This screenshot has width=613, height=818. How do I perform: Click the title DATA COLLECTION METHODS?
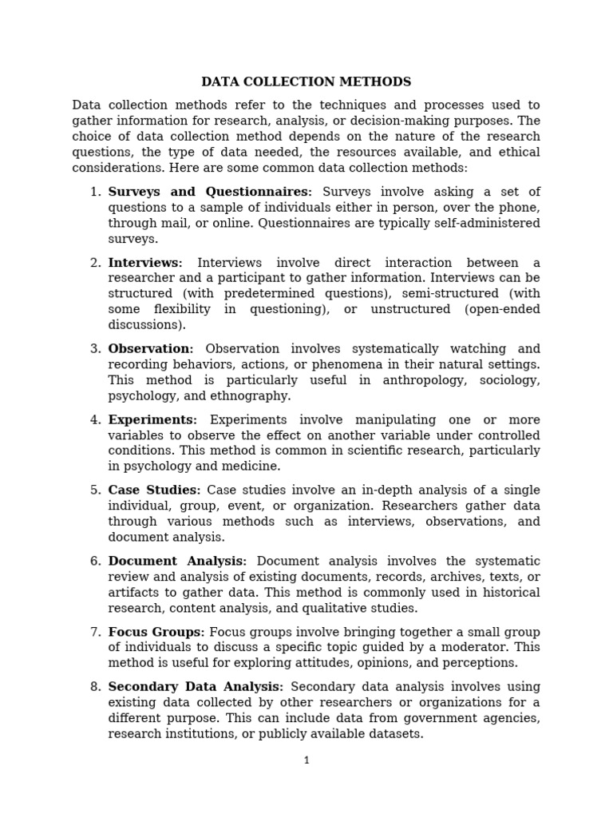(x=306, y=81)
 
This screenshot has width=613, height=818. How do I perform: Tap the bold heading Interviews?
(x=144, y=263)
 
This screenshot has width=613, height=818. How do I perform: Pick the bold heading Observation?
(x=150, y=349)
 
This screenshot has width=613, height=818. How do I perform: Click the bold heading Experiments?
(x=152, y=419)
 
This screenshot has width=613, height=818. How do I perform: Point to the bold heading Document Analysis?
(x=177, y=561)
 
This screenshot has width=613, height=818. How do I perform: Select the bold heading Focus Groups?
(x=156, y=632)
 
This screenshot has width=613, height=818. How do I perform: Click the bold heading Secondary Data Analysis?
(x=196, y=687)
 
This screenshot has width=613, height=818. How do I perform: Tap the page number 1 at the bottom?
(x=306, y=760)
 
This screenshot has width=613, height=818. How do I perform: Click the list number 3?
(x=95, y=349)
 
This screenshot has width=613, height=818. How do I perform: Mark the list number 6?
(x=95, y=561)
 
